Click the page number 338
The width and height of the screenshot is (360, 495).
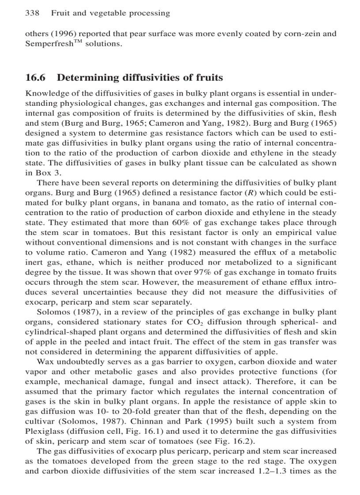[x=32, y=13]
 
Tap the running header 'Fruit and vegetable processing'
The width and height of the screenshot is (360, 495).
[x=110, y=13]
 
